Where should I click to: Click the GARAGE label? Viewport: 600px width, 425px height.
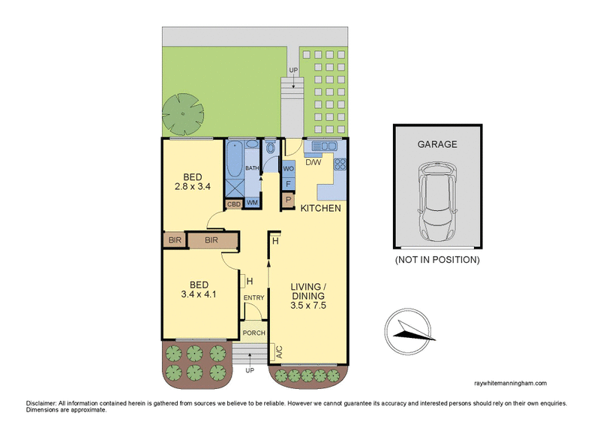click(437, 145)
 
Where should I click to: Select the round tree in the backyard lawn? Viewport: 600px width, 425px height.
click(182, 112)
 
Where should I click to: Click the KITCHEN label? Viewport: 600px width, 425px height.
click(322, 208)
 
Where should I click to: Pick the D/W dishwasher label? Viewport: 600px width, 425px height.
click(313, 161)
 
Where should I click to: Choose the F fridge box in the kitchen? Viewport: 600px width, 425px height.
click(288, 184)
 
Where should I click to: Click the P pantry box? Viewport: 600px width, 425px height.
click(288, 200)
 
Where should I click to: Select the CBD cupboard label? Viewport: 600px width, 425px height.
click(233, 203)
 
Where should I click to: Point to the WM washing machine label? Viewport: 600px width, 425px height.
click(252, 203)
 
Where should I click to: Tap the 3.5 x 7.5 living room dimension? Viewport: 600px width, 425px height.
click(308, 306)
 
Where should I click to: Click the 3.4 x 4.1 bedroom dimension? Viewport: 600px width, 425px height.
click(198, 295)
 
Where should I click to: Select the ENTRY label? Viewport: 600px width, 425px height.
click(254, 298)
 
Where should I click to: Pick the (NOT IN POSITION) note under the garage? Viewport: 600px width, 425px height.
click(437, 260)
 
